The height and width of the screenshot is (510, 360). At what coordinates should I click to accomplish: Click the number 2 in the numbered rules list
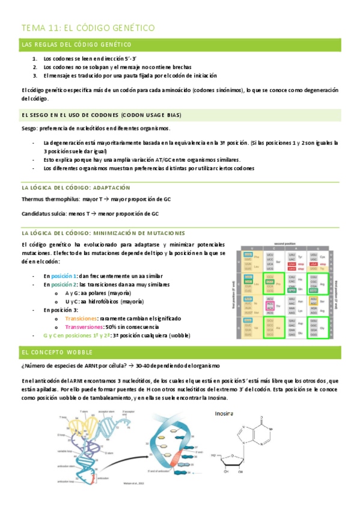(x=35, y=67)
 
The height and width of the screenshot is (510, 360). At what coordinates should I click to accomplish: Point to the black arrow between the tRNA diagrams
(x=165, y=442)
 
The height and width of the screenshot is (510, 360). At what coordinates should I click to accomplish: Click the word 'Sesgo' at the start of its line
(x=28, y=129)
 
